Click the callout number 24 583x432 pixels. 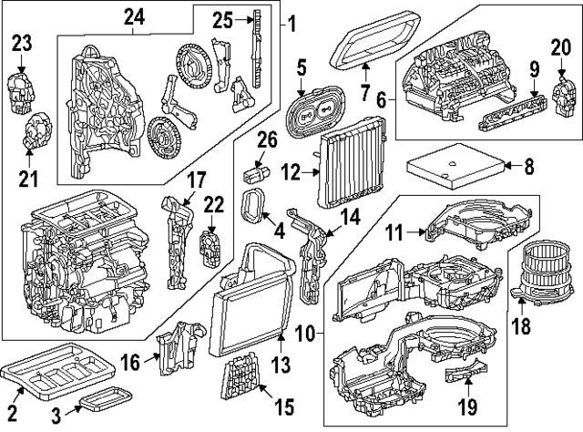[x=135, y=15]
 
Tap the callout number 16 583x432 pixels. [x=131, y=363]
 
